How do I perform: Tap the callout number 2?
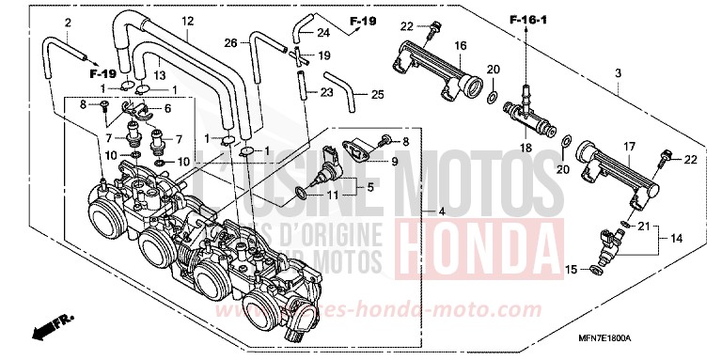tap(68, 22)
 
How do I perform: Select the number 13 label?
tap(159, 75)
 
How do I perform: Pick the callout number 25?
tap(377, 95)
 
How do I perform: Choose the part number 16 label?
tap(461, 45)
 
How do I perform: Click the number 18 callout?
tap(526, 148)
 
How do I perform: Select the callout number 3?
tap(618, 72)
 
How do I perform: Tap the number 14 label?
tap(689, 240)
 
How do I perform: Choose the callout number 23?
tap(327, 92)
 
